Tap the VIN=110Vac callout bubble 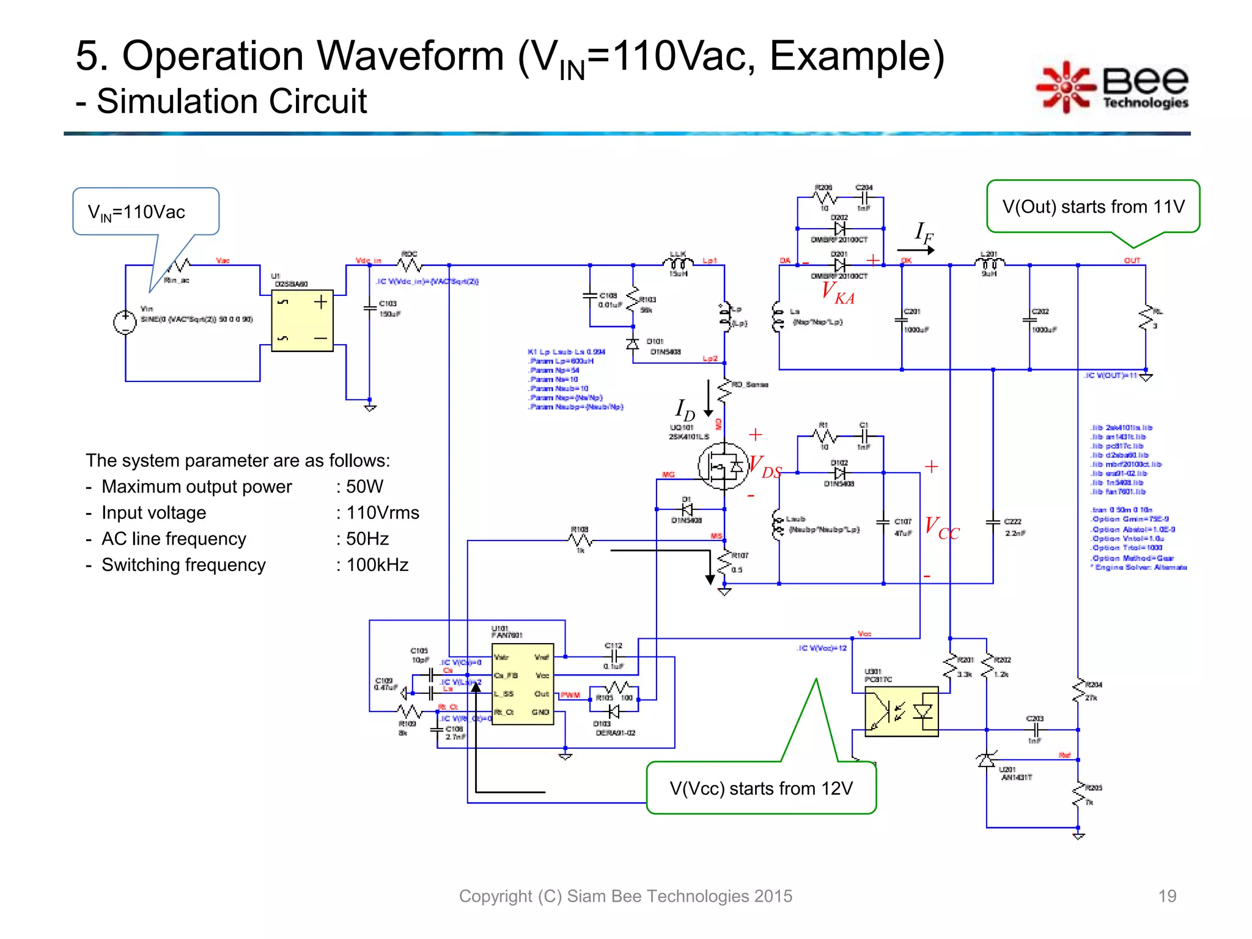[145, 212]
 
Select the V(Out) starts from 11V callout [1093, 207]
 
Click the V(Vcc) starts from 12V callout [761, 788]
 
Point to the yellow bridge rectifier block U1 [302, 320]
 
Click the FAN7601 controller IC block [522, 684]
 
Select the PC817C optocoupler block [901, 711]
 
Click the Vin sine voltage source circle [125, 322]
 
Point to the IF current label [923, 233]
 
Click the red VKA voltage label [838, 292]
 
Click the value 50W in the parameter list [364, 487]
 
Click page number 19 [1166, 896]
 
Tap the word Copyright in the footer [495, 896]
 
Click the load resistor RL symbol [1145, 319]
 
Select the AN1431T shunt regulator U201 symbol [986, 760]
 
